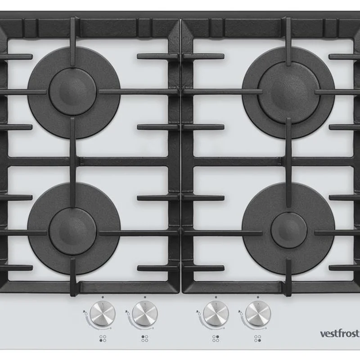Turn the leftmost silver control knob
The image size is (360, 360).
click(x=103, y=314)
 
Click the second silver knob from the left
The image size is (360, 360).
click(x=145, y=314)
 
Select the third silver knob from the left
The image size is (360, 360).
click(x=216, y=314)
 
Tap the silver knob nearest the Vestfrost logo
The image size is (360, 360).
click(x=258, y=314)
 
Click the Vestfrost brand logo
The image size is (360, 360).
click(x=340, y=333)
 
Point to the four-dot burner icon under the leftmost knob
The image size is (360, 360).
click(x=103, y=338)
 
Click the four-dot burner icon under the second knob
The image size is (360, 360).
click(x=144, y=338)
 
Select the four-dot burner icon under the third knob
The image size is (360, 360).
click(x=216, y=338)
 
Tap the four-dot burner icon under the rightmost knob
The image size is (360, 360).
click(x=257, y=338)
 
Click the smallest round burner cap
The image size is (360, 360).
click(x=289, y=230)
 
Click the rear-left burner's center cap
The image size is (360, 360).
click(x=72, y=92)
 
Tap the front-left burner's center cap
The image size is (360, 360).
click(x=72, y=231)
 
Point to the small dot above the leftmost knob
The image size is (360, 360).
click(x=103, y=297)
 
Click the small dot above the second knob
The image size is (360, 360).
click(x=145, y=297)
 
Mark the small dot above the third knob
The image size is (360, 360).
click(x=216, y=297)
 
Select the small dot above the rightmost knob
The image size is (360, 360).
click(x=258, y=297)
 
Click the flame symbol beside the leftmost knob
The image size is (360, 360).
click(x=85, y=312)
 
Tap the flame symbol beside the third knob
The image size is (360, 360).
click(x=198, y=312)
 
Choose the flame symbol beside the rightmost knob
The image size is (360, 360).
click(x=240, y=312)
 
